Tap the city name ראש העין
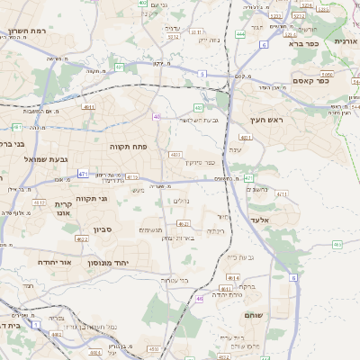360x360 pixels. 267,119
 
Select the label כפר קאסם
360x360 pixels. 310,81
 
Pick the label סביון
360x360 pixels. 101,230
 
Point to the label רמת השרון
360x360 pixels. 27,31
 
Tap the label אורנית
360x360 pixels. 346,41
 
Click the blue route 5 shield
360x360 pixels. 202,74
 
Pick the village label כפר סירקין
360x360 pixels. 203,162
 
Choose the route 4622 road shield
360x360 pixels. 81,239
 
